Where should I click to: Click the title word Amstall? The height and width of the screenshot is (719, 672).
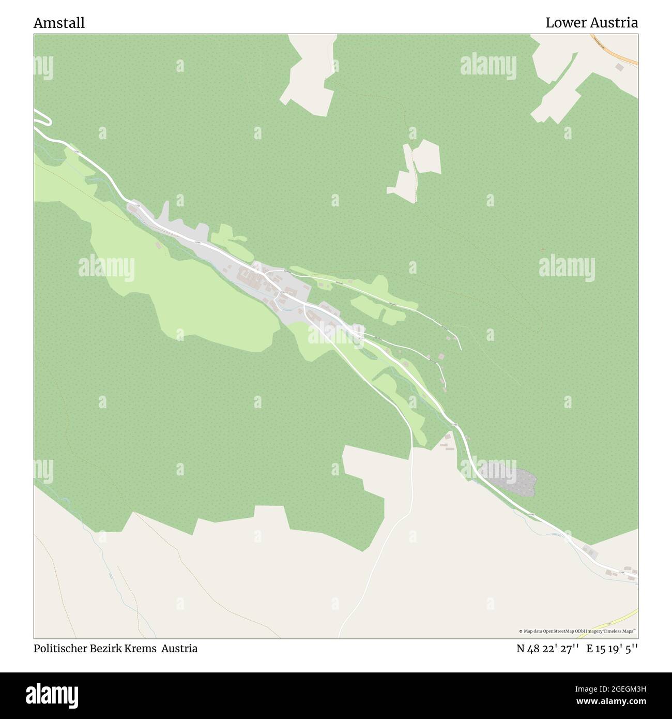59,23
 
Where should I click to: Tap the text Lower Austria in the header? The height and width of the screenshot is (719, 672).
591,23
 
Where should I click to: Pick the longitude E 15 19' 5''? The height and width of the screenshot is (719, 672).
612,649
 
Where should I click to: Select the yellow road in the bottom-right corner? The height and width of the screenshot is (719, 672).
615,618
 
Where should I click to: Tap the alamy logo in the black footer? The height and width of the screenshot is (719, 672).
52,693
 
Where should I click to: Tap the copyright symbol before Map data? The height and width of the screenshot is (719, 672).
521,631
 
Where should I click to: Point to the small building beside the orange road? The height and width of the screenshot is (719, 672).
619,67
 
